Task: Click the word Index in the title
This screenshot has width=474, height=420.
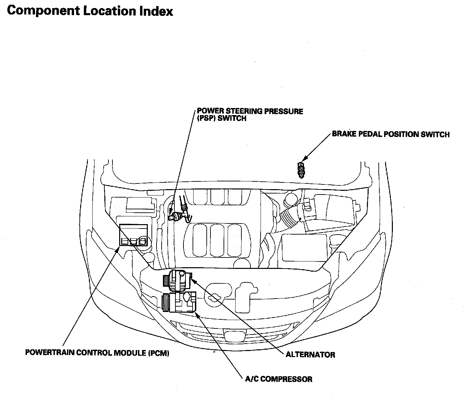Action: (x=156, y=11)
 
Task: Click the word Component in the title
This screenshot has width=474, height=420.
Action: (x=43, y=11)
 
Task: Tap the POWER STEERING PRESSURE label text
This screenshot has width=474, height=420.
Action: (x=250, y=111)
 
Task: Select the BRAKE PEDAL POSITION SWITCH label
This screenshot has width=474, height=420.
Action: (x=391, y=134)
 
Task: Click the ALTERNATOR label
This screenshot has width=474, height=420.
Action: (x=310, y=355)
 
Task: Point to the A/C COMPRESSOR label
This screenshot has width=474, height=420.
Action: (x=279, y=379)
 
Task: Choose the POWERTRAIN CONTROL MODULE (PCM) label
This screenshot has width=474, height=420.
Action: (x=97, y=353)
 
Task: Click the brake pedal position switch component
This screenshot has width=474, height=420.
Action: (x=301, y=170)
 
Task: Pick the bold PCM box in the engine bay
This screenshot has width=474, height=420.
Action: (x=133, y=235)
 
